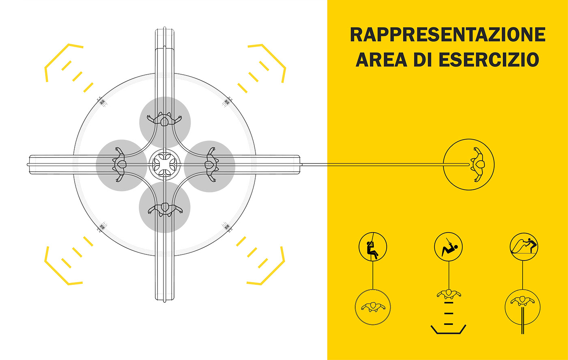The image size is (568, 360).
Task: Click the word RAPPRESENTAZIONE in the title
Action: coord(448,35)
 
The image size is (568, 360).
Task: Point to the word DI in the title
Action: coord(420,60)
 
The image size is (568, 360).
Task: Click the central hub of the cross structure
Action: coord(165,164)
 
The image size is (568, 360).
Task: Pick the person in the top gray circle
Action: coord(164,120)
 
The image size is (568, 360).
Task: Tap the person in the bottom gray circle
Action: coord(165,209)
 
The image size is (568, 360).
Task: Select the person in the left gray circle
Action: coord(120,164)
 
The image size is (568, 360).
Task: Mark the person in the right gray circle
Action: coord(210,164)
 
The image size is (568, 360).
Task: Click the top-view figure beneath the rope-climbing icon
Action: coord(373,306)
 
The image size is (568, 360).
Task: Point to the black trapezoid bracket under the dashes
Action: coord(448,330)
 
